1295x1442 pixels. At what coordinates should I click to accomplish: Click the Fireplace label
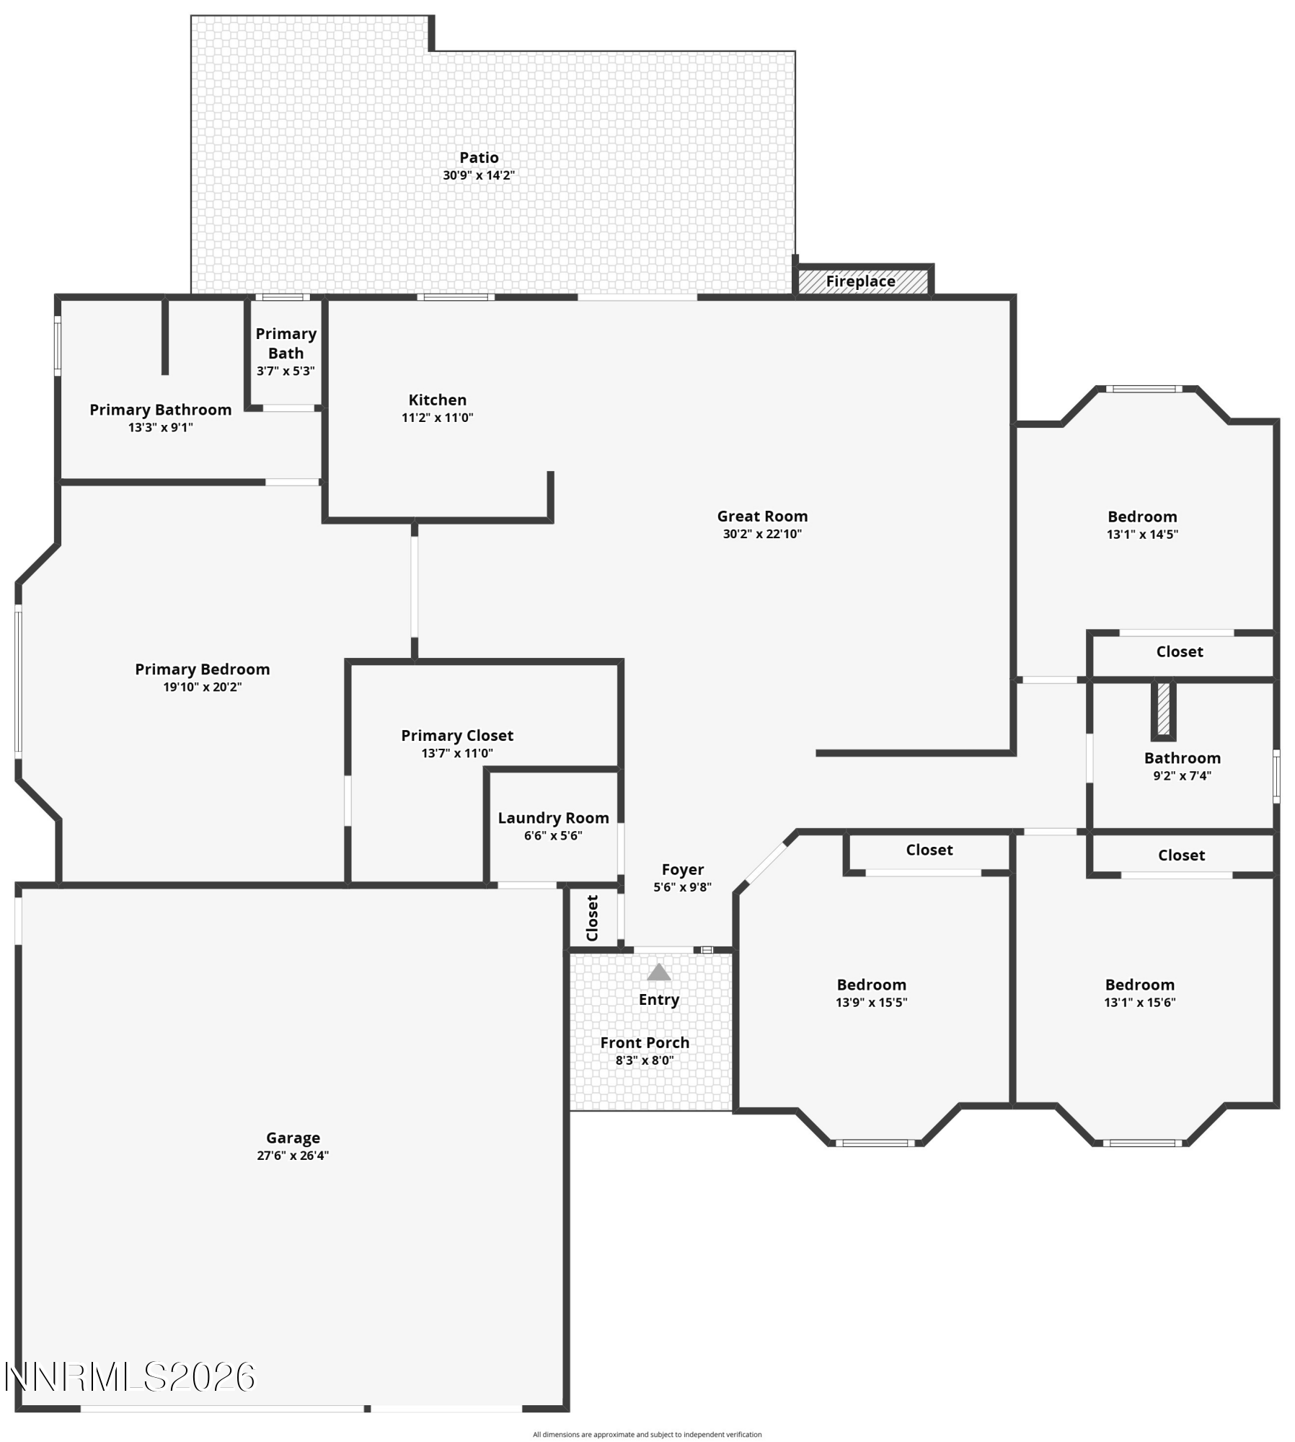860,281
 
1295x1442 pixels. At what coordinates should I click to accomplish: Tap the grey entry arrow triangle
658,972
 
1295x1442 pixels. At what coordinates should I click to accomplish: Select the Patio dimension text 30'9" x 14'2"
479,175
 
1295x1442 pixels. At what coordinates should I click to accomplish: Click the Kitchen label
437,400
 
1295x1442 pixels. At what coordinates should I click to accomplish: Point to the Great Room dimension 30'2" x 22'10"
762,534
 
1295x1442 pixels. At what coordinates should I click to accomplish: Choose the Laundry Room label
553,818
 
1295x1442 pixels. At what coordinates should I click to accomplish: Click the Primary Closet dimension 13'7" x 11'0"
457,753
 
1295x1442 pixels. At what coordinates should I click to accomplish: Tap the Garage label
293,1138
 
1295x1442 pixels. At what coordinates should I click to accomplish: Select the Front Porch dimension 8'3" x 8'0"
645,1060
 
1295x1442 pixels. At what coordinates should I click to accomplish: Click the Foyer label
682,869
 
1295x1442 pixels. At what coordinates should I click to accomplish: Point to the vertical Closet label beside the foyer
593,918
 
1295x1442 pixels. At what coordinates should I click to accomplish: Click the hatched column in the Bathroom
1163,708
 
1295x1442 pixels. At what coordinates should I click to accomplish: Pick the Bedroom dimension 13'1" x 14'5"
1142,535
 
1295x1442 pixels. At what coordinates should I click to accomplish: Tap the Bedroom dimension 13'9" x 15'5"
871,1002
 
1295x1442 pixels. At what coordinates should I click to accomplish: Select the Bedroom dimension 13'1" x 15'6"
1139,1002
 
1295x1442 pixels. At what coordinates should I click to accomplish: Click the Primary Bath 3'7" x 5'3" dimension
286,371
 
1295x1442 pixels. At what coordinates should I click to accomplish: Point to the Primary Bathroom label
160,410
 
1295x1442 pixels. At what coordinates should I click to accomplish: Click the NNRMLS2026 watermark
130,1377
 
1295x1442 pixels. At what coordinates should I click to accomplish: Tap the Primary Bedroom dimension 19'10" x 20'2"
202,687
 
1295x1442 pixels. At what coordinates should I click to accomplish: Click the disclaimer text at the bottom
647,1434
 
